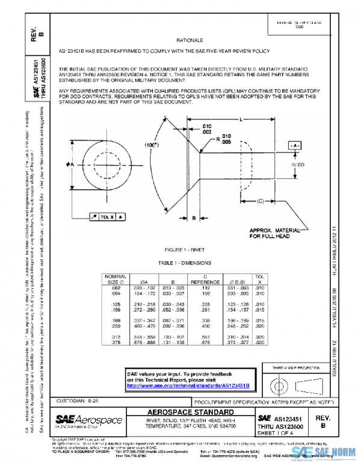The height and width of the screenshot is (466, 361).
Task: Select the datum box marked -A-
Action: pyautogui.click(x=294, y=146)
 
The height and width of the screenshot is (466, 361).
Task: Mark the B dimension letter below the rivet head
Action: pyautogui.click(x=194, y=219)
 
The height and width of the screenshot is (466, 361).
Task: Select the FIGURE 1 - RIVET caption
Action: pyautogui.click(x=190, y=249)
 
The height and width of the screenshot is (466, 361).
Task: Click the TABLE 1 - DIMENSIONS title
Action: pyautogui.click(x=190, y=263)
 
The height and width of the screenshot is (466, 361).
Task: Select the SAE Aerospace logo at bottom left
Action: pyautogui.click(x=89, y=421)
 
